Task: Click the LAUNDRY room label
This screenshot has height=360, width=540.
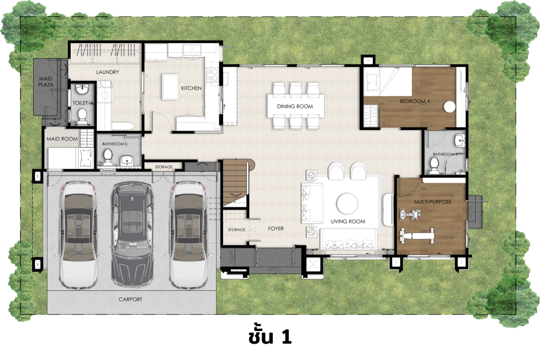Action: [108, 72]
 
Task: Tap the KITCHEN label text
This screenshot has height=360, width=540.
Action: [191, 88]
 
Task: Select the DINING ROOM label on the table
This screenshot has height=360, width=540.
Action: [295, 106]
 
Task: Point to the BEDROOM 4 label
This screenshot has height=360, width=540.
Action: [415, 101]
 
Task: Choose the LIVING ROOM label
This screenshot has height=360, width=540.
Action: [348, 221]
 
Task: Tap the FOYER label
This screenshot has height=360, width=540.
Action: [276, 229]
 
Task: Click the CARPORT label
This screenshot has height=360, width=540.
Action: [130, 299]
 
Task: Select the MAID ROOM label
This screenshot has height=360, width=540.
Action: [62, 139]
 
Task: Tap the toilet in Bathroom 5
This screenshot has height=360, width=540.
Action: [108, 156]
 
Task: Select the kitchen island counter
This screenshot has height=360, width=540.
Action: [171, 86]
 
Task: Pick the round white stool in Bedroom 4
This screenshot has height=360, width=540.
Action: [449, 107]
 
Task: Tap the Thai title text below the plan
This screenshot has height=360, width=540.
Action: [269, 336]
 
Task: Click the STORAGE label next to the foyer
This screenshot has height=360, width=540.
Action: [237, 230]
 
